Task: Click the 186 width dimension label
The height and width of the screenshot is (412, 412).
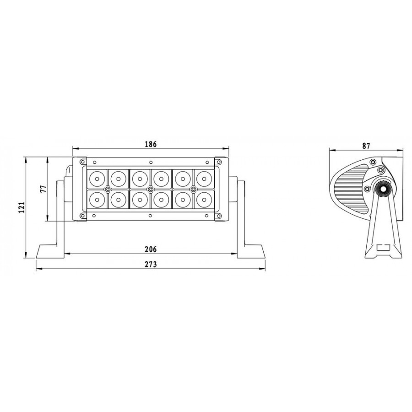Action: coord(151,144)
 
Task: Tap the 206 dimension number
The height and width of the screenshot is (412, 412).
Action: coord(151,249)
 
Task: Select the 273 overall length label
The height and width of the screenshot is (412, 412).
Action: coord(151,264)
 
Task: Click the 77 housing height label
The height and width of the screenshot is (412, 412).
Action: coord(43,189)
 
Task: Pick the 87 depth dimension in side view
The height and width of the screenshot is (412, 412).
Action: coord(366,146)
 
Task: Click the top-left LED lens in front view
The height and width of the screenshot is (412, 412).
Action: coord(97,179)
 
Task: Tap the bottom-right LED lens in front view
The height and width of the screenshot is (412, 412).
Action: coord(204,200)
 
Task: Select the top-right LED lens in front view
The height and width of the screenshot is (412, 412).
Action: coord(204,179)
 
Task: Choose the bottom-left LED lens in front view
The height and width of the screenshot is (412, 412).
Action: coord(97,200)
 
